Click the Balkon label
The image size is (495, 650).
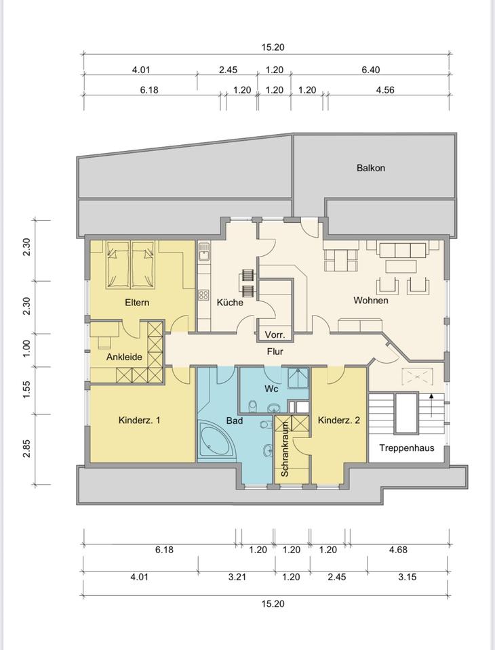[x=370, y=168]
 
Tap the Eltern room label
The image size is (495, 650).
[x=137, y=302]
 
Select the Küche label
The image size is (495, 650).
[x=230, y=302]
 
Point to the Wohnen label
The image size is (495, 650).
[x=371, y=300]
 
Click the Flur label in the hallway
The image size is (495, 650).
[x=275, y=351]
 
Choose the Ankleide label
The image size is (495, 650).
[x=124, y=357]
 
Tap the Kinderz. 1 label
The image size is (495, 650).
[x=139, y=420]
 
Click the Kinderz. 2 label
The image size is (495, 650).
[x=339, y=420]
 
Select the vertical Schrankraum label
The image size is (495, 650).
[x=285, y=449]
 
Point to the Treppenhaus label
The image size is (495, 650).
[x=407, y=448]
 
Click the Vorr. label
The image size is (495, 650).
[x=274, y=334]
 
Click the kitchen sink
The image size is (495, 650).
[x=204, y=251]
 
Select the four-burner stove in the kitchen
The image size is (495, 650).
[x=203, y=295]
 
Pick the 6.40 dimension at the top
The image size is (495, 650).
[x=370, y=70]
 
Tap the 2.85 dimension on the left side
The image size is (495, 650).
[x=27, y=448]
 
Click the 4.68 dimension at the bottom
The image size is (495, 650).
[x=398, y=550]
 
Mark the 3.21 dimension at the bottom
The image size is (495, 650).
[x=237, y=577]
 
